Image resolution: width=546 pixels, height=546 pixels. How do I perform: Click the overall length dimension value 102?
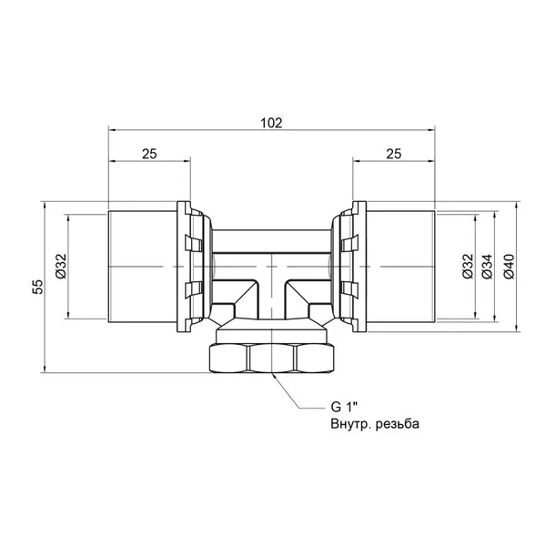(271, 123)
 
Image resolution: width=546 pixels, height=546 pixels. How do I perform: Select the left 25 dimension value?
(149, 154)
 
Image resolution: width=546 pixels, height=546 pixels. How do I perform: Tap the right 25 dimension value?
(394, 154)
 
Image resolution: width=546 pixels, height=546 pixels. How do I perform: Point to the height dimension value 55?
(37, 287)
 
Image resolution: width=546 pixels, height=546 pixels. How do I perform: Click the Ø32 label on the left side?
(61, 267)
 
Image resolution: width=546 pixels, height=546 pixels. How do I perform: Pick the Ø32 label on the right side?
(469, 267)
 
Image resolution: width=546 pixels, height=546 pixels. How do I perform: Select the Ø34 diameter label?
(488, 267)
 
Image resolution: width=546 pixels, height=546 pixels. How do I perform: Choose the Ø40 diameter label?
(509, 267)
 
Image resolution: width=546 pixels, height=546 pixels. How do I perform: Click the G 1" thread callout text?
(344, 407)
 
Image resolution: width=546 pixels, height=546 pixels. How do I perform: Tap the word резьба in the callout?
(398, 424)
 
